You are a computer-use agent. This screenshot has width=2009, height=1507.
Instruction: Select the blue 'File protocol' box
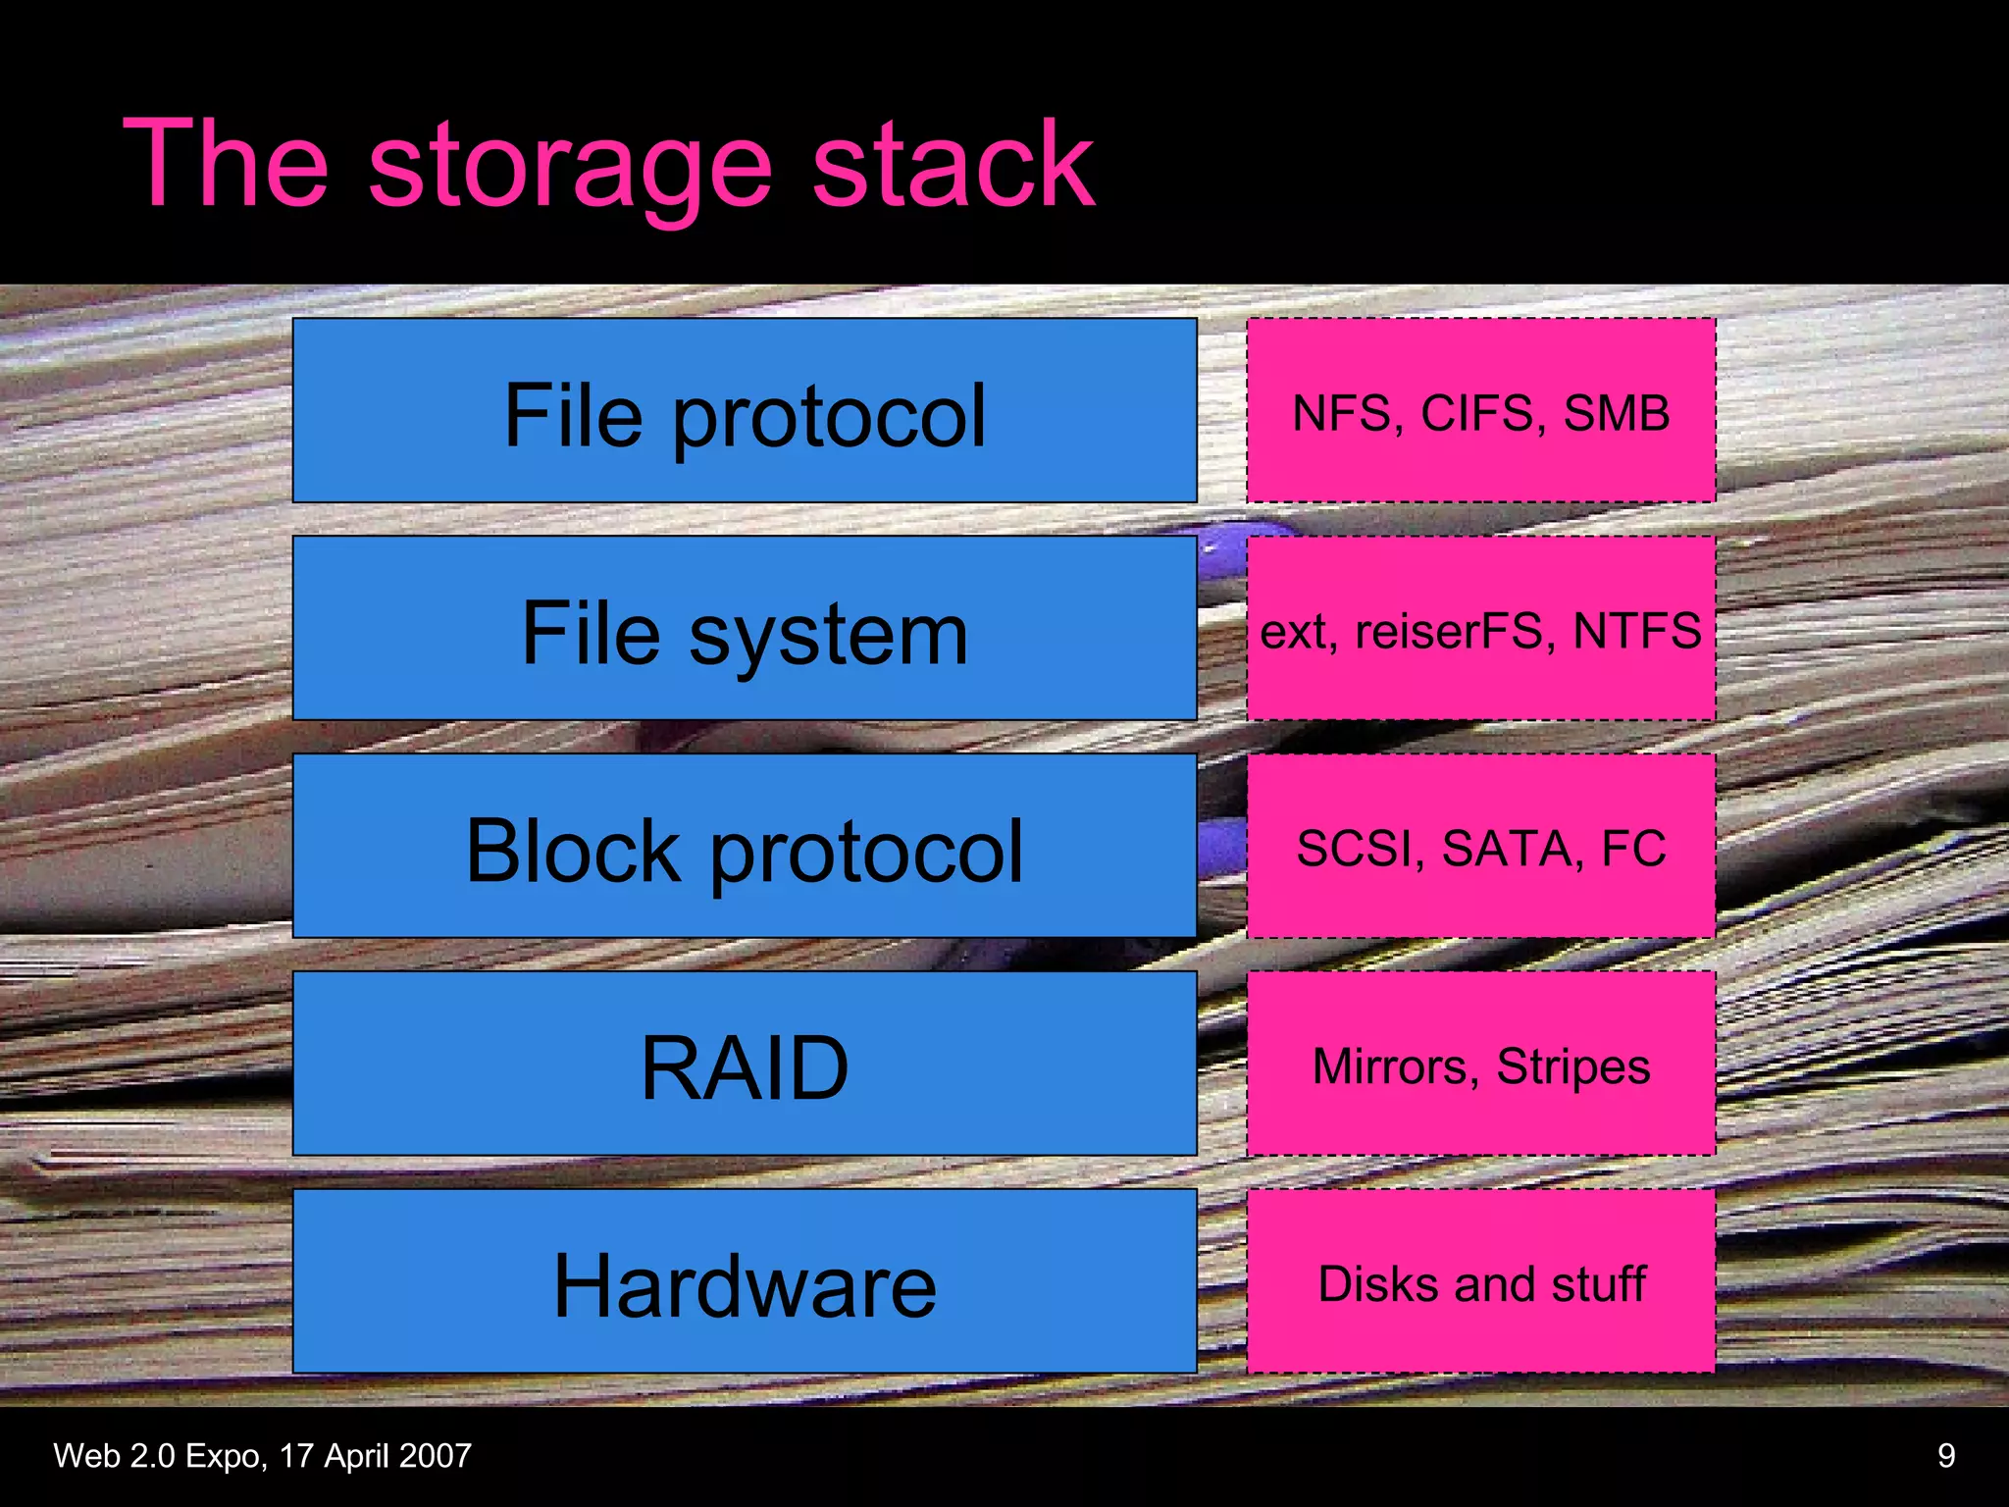(x=744, y=411)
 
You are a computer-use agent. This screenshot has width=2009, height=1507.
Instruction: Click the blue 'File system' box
(x=744, y=629)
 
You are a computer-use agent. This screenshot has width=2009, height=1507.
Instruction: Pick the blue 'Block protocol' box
(x=744, y=847)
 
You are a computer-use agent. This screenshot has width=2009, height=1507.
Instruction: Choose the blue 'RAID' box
(x=744, y=1065)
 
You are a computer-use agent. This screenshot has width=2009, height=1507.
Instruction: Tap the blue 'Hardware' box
(x=744, y=1282)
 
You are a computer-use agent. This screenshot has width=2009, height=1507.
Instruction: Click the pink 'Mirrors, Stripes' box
(x=1480, y=1065)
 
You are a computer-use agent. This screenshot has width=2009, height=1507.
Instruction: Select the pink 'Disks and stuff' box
(x=1480, y=1282)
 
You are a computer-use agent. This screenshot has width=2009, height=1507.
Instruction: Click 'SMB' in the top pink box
(x=1616, y=413)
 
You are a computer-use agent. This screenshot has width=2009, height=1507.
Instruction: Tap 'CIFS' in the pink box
(x=1477, y=413)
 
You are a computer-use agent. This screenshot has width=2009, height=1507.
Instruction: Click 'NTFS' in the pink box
(x=1636, y=631)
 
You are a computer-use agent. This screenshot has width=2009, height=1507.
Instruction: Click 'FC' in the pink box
(x=1633, y=849)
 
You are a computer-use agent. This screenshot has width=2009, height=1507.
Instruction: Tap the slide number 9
(x=1946, y=1455)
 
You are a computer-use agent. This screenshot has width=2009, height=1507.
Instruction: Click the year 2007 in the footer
(x=435, y=1455)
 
